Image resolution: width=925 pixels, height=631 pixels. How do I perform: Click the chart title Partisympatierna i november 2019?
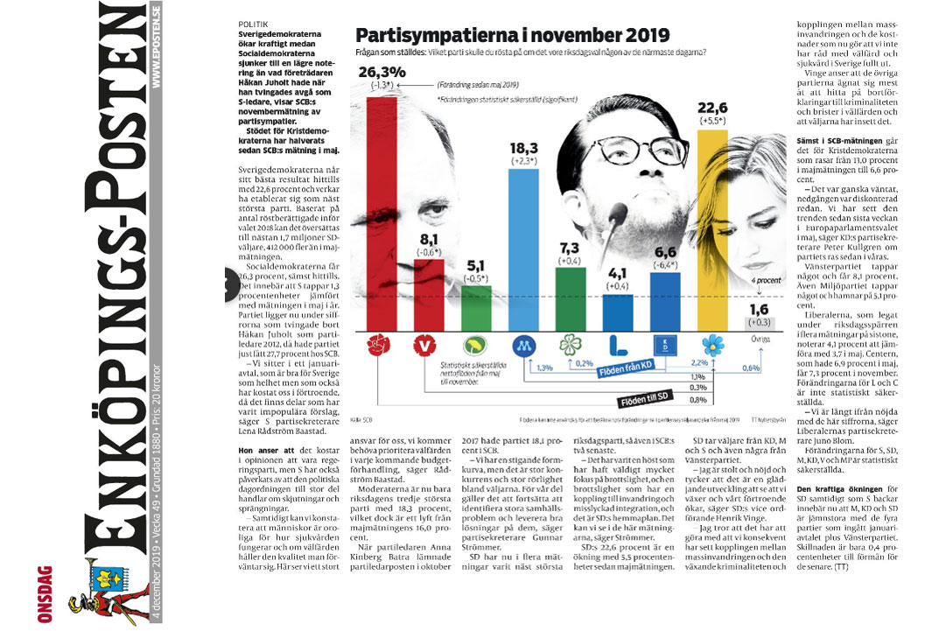pyautogui.click(x=512, y=37)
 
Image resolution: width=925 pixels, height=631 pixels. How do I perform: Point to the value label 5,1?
pyautogui.click(x=476, y=265)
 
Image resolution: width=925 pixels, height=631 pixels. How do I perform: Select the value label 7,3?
pyautogui.click(x=569, y=249)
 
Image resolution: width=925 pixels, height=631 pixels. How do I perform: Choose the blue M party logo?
pyautogui.click(x=522, y=343)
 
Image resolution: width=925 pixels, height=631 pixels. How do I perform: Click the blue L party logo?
pyautogui.click(x=617, y=343)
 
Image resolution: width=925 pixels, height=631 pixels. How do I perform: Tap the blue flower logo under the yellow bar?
pyautogui.click(x=713, y=343)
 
